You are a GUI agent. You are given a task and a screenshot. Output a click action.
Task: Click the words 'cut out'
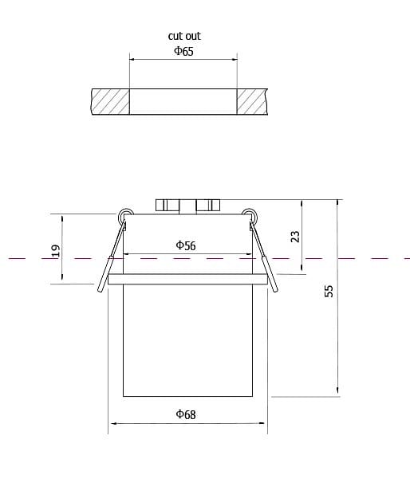coord(184,36)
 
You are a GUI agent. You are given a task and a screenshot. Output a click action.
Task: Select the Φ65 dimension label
coord(184,51)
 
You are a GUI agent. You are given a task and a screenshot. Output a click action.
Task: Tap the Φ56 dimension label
coord(186,245)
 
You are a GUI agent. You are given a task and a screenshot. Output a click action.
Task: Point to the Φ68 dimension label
coord(186,414)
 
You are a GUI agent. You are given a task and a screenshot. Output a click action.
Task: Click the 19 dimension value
coord(56,251)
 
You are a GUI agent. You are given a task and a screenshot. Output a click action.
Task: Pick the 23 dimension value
coord(295,237)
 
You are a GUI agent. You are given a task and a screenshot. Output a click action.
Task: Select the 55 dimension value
coord(329,291)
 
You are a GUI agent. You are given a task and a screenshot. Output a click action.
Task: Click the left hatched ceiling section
coord(110,101)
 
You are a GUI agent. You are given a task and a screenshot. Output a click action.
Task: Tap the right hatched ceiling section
coord(252,101)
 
